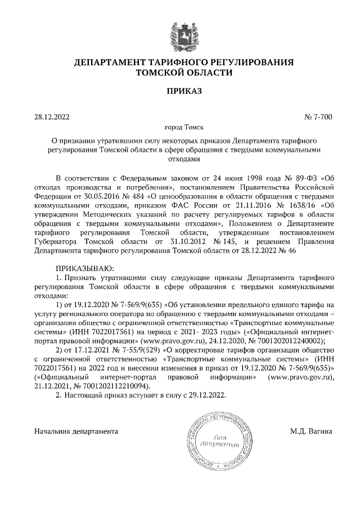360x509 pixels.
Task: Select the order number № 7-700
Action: pos(318,118)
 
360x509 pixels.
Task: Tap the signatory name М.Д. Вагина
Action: pos(311,431)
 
